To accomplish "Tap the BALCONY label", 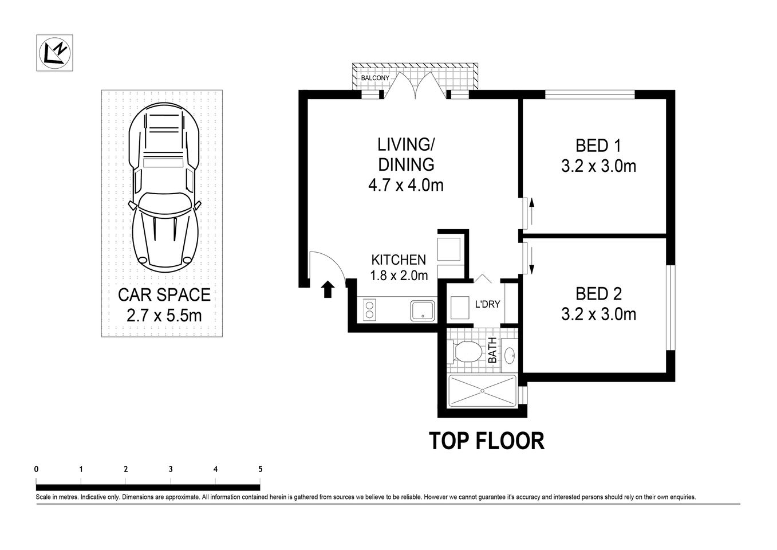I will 375,78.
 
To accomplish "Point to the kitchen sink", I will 423,310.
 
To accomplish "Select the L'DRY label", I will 487,304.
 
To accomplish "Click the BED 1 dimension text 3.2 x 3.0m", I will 598,166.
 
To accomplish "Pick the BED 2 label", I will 598,294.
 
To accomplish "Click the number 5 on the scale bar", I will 260,469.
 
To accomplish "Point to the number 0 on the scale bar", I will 37,469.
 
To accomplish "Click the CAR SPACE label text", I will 164,295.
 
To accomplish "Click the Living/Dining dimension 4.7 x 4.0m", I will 406,185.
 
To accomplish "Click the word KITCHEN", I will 399,260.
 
